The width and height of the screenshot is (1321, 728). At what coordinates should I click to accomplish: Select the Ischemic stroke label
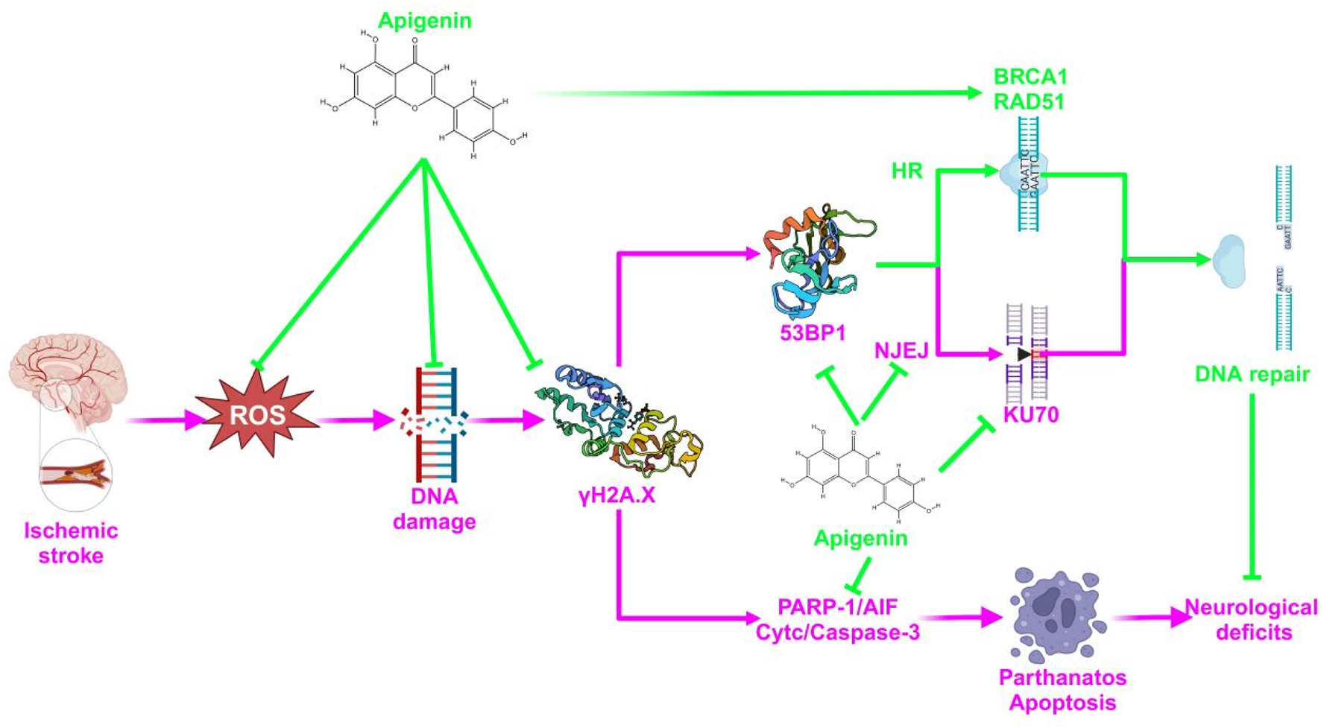tap(71, 543)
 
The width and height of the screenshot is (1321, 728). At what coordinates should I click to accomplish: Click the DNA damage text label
tap(434, 509)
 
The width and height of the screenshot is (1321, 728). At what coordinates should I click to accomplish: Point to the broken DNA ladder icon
tap(435, 423)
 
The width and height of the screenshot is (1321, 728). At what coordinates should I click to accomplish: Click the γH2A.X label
tap(617, 495)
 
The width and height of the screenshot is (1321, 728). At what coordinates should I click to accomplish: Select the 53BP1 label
tap(813, 332)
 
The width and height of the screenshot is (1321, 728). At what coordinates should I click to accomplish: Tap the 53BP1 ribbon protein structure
tap(816, 261)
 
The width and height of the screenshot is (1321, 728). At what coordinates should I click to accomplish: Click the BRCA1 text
tap(1030, 77)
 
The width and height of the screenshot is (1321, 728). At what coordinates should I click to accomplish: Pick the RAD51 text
tap(1029, 101)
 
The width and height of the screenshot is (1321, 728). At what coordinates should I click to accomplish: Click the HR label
tap(907, 171)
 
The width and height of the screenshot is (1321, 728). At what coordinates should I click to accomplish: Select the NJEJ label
tap(901, 349)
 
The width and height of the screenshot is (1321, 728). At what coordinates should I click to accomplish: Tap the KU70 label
tap(1030, 414)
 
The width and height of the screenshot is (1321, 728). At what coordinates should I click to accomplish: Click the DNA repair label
tap(1252, 374)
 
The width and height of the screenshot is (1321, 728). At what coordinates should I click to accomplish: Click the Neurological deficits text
tap(1252, 620)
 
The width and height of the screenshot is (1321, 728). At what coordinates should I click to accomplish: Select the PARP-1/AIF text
tap(837, 607)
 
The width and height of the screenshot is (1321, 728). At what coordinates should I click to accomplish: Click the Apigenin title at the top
tap(424, 20)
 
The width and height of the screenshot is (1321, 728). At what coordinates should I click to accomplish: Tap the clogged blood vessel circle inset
tap(75, 474)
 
